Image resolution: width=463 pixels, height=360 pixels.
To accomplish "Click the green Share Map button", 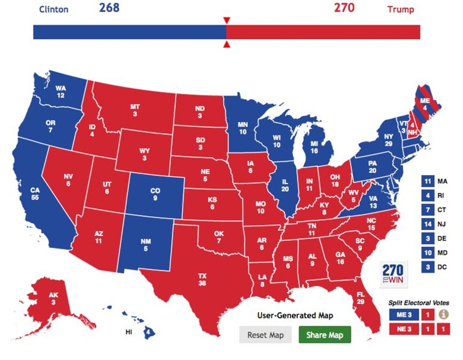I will pos(325,335).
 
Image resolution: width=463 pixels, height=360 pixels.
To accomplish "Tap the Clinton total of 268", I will pos(109,8).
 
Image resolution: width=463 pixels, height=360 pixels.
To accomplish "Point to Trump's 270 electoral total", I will pos(344,8).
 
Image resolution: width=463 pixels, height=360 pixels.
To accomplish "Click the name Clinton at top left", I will pos(54,9).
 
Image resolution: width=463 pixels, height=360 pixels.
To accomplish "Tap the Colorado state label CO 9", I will pos(155,194).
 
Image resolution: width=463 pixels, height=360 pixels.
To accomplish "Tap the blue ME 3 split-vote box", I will pos(402,314).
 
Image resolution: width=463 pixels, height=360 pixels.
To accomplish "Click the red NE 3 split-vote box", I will pos(402,330).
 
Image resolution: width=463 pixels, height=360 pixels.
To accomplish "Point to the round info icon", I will pos(443,314).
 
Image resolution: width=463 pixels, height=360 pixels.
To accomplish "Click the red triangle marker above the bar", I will pos(226,20).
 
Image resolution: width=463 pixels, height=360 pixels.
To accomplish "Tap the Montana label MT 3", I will pos(135,110).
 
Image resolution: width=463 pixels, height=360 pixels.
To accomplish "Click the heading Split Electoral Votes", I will pos(419,303).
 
